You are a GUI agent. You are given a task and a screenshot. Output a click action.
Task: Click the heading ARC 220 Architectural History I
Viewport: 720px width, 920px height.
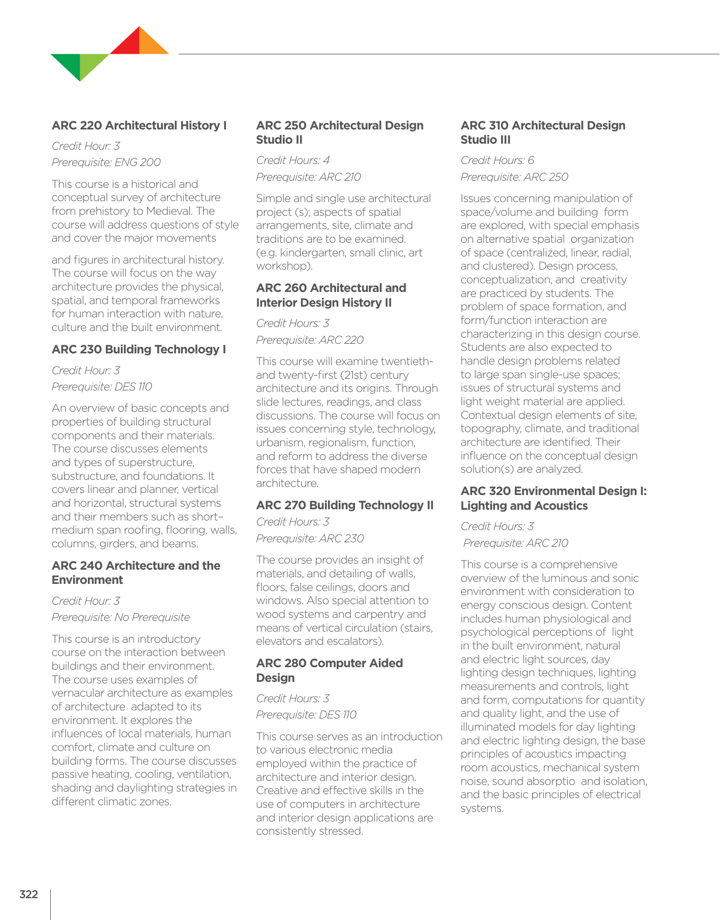pyautogui.click(x=139, y=125)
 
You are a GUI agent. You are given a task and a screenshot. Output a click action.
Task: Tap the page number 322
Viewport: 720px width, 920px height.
pyautogui.click(x=28, y=894)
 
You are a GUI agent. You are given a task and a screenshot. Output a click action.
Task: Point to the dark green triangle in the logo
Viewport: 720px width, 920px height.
pyautogui.click(x=69, y=63)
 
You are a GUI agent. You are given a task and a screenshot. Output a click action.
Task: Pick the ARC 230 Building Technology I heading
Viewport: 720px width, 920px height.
pyautogui.click(x=139, y=349)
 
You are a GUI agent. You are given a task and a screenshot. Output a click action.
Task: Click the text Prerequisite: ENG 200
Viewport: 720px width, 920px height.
pyautogui.click(x=106, y=162)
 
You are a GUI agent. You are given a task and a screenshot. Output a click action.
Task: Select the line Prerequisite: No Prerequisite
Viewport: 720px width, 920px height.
pyautogui.click(x=121, y=617)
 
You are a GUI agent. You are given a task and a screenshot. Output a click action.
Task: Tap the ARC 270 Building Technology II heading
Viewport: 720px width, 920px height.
pyautogui.click(x=345, y=505)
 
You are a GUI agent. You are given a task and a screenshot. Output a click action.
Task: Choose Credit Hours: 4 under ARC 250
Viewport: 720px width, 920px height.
pyautogui.click(x=292, y=160)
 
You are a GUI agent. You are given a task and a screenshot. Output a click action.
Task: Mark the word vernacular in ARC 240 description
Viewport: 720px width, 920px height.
pyautogui.click(x=76, y=693)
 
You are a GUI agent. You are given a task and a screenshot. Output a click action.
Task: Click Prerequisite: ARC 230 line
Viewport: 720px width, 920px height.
pyautogui.click(x=310, y=538)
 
